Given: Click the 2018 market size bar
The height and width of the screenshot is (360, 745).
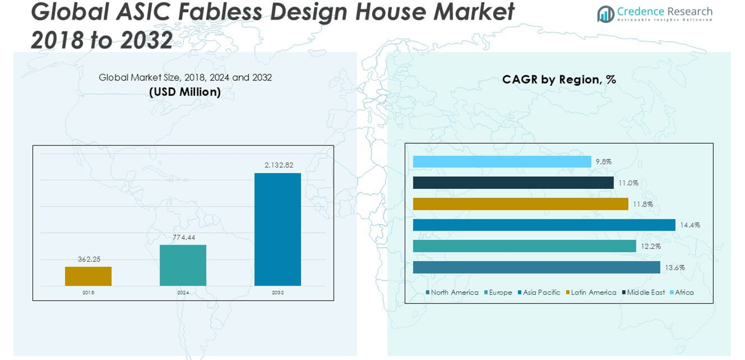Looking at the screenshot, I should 88,276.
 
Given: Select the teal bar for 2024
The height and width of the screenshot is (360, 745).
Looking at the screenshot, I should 183,265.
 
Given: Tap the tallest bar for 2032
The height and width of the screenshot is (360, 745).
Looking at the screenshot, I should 278,229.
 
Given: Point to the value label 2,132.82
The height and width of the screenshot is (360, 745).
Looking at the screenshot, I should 278,165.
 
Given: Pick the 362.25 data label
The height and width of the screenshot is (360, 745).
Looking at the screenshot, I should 89,259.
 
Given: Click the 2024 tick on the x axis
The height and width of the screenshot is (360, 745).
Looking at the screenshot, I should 183,293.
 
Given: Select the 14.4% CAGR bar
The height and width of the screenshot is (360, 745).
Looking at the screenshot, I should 544,225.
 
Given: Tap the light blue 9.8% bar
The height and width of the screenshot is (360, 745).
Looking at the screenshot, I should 502,162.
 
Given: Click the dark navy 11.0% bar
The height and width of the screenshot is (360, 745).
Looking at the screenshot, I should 513,183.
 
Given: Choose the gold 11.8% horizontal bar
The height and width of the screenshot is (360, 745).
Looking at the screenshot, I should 521,204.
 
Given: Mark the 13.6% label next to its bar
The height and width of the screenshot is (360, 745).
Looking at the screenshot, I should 674,267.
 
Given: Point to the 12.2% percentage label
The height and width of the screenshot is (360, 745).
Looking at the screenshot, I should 651,246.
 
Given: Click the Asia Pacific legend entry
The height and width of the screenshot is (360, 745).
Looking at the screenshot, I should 541,293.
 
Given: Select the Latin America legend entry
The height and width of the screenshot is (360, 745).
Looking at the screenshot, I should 593,293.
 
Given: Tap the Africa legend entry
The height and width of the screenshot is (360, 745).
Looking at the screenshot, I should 684,293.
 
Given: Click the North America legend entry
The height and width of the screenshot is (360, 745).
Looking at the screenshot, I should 454,293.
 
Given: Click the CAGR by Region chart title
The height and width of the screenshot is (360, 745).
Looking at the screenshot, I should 559,80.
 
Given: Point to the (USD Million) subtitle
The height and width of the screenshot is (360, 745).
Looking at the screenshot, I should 185,92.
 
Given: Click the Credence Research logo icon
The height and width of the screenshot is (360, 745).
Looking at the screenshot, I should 605,14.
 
